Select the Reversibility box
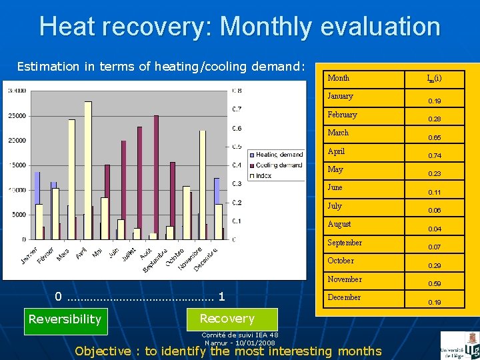click(65, 319)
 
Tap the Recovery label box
click(227, 319)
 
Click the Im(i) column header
click(434, 79)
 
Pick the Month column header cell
click(338, 78)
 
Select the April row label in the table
click(336, 151)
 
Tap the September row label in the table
click(344, 243)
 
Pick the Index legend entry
click(264, 175)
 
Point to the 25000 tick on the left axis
click(17, 115)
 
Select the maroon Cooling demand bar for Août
click(156, 177)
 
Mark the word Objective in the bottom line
click(103, 351)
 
